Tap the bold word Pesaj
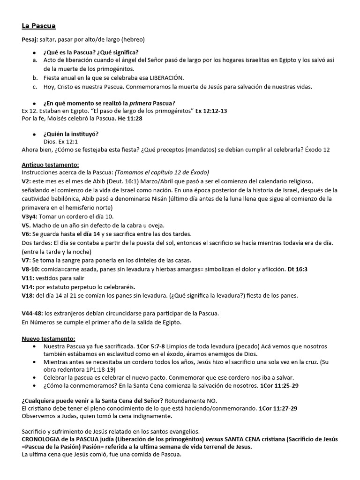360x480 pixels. (x=30, y=39)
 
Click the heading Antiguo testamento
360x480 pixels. (x=51, y=165)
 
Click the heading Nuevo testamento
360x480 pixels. (x=48, y=338)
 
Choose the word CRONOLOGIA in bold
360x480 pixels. (x=44, y=439)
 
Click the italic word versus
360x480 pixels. (x=213, y=439)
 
